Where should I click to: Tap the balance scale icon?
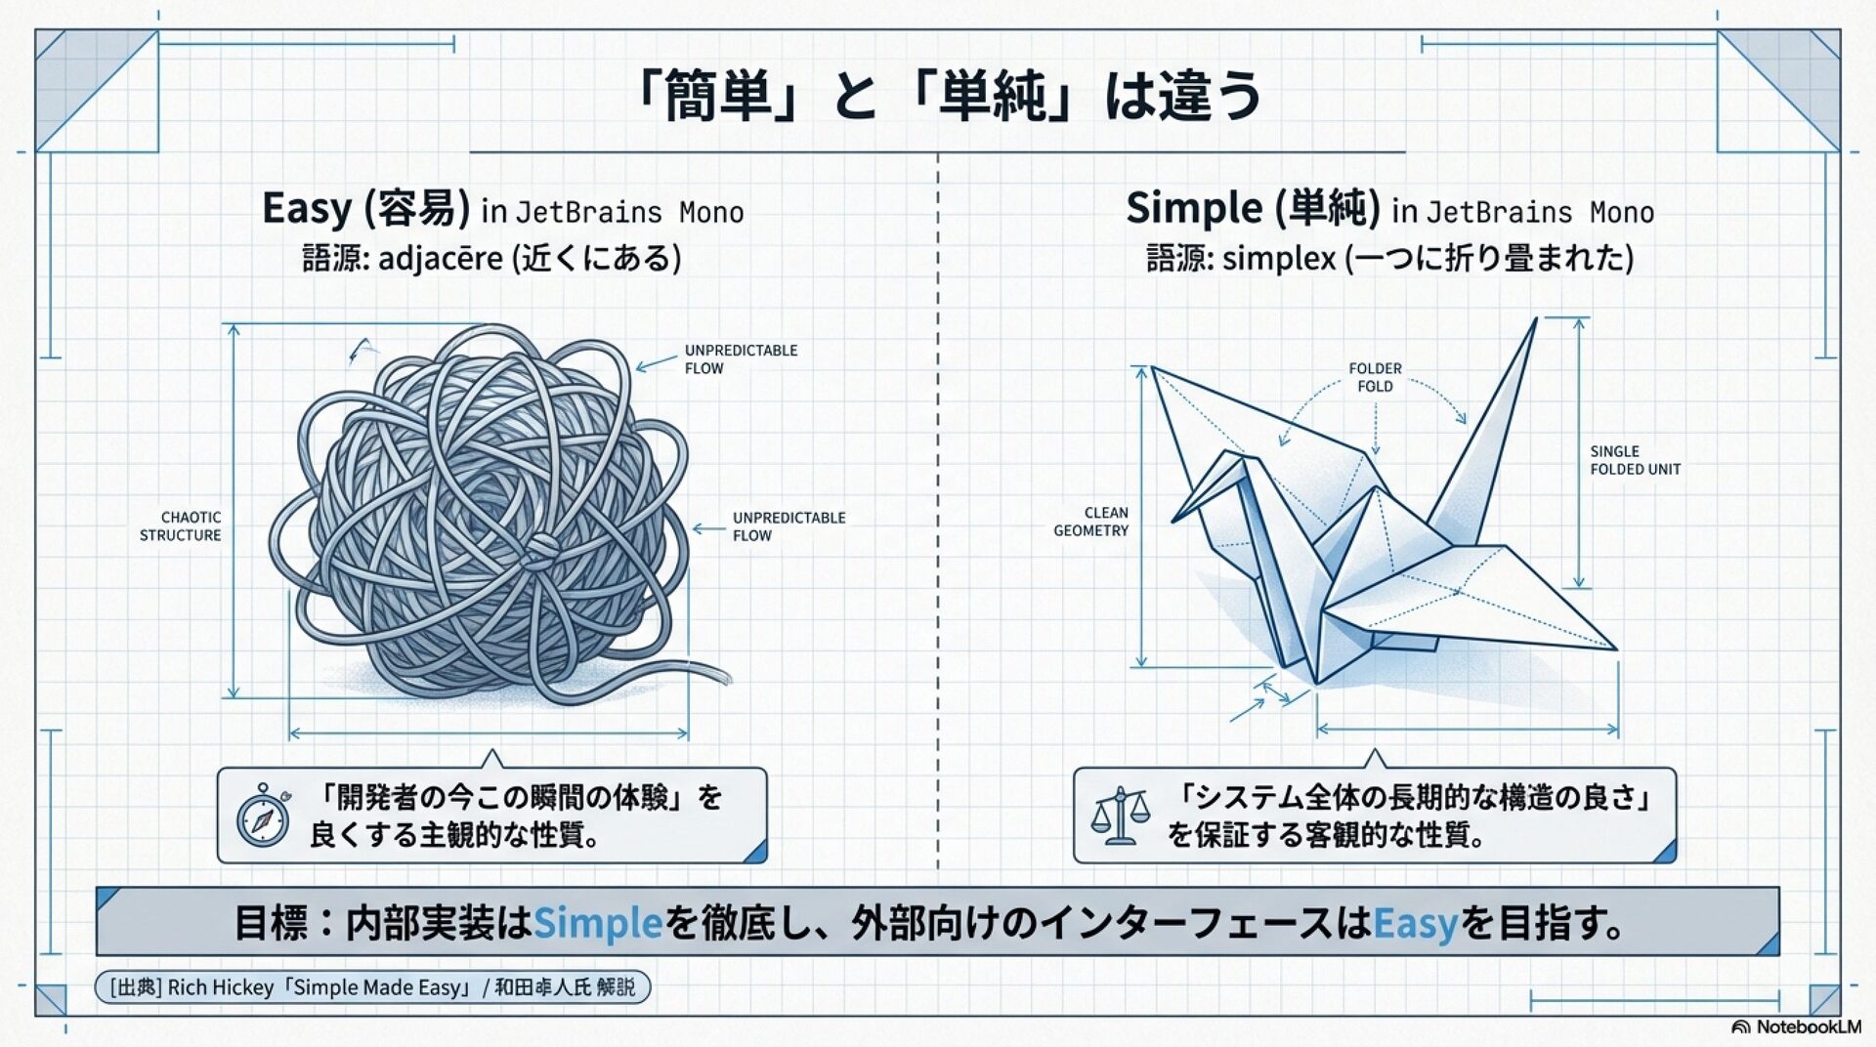pyautogui.click(x=1119, y=817)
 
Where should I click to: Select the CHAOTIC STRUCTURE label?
pyautogui.click(x=181, y=526)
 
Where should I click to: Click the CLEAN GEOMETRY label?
pyautogui.click(x=1091, y=522)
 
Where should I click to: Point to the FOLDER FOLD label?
pyautogui.click(x=1375, y=377)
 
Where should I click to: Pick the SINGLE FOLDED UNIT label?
pyautogui.click(x=1635, y=460)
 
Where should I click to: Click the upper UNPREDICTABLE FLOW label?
pyautogui.click(x=741, y=359)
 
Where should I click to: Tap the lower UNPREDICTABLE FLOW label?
pyautogui.click(x=789, y=526)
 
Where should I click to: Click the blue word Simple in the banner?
pyautogui.click(x=598, y=923)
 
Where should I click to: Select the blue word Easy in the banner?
pyautogui.click(x=1415, y=923)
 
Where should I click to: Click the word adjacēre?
pyautogui.click(x=441, y=259)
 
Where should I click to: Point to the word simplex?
pyautogui.click(x=1278, y=259)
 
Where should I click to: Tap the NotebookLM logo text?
pyautogui.click(x=1808, y=1026)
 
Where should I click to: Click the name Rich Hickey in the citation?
pyautogui.click(x=221, y=987)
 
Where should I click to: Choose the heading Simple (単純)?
pyautogui.click(x=1253, y=208)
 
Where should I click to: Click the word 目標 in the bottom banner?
pyautogui.click(x=271, y=923)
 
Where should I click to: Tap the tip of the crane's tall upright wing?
pyautogui.click(x=1536, y=319)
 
